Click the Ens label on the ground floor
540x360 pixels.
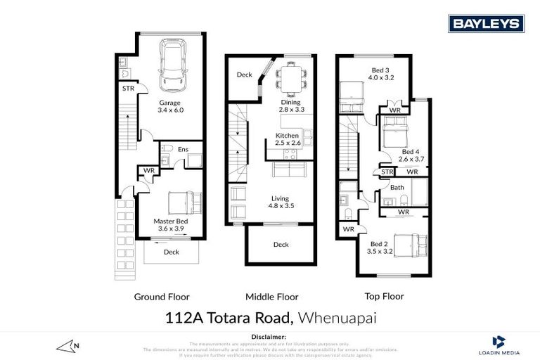click(x=183, y=149)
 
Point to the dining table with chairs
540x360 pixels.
click(x=288, y=77)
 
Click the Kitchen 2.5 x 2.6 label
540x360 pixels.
click(x=288, y=139)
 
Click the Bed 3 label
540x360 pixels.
click(x=382, y=74)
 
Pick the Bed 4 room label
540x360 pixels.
click(x=410, y=155)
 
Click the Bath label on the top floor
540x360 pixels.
click(x=397, y=187)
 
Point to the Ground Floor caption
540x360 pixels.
click(x=162, y=297)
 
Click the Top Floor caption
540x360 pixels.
click(x=383, y=297)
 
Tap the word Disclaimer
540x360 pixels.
click(x=270, y=337)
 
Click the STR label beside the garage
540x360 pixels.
click(x=128, y=89)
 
